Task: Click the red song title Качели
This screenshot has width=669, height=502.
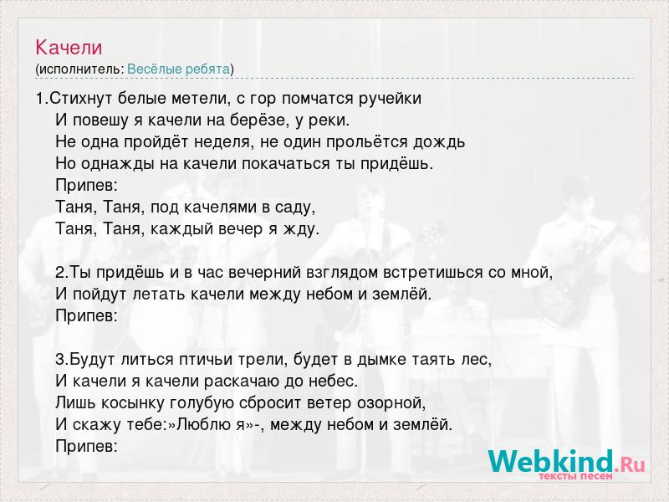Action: click(69, 48)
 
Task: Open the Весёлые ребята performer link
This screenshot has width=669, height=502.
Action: click(179, 69)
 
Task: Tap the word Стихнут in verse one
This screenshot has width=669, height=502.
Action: click(81, 99)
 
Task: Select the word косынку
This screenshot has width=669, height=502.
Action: click(129, 403)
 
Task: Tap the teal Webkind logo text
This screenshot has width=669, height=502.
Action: click(552, 463)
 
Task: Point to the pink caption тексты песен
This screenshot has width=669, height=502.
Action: click(575, 476)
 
